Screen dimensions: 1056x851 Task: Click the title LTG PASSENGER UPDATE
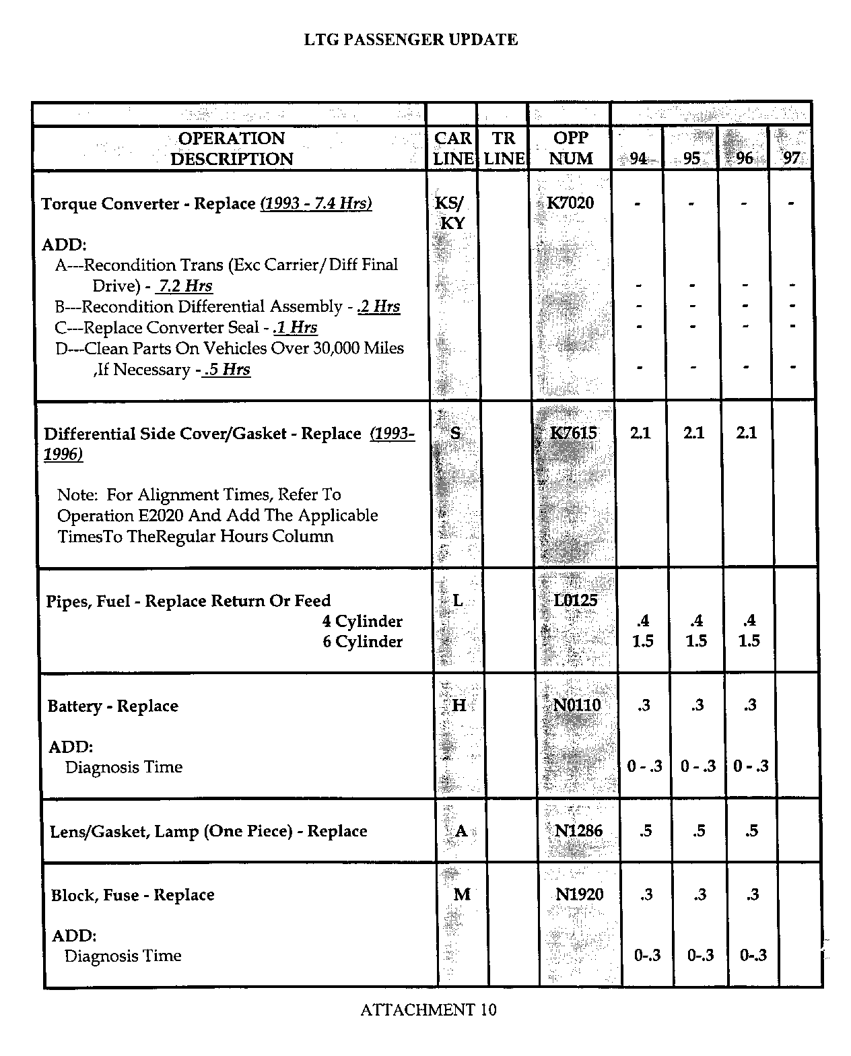pyautogui.click(x=411, y=40)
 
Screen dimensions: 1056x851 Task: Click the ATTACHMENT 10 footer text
pyautogui.click(x=428, y=1010)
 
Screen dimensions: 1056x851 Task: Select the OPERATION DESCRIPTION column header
pyautogui.click(x=232, y=148)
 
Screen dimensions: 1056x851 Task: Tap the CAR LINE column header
pyautogui.click(x=452, y=148)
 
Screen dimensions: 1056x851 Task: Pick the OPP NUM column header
pyautogui.click(x=571, y=148)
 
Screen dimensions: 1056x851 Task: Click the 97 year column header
pyautogui.click(x=792, y=158)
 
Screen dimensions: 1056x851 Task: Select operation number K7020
pyautogui.click(x=571, y=203)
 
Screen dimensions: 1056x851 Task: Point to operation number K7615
pyautogui.click(x=574, y=433)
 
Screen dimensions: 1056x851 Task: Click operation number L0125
pyautogui.click(x=576, y=600)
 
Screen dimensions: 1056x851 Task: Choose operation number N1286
pyautogui.click(x=578, y=830)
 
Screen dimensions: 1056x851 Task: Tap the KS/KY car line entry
pyautogui.click(x=450, y=213)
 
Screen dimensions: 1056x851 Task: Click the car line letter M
pyautogui.click(x=462, y=894)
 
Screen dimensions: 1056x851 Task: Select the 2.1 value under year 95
pyautogui.click(x=693, y=433)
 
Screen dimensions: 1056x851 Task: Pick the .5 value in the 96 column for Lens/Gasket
pyautogui.click(x=751, y=830)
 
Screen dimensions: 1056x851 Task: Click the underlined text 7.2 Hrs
pyautogui.click(x=184, y=286)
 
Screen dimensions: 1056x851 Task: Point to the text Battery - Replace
pyautogui.click(x=112, y=706)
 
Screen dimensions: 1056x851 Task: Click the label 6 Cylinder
pyautogui.click(x=362, y=641)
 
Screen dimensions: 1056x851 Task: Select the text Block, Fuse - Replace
pyautogui.click(x=133, y=895)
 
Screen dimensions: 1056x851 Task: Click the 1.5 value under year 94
pyautogui.click(x=642, y=641)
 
